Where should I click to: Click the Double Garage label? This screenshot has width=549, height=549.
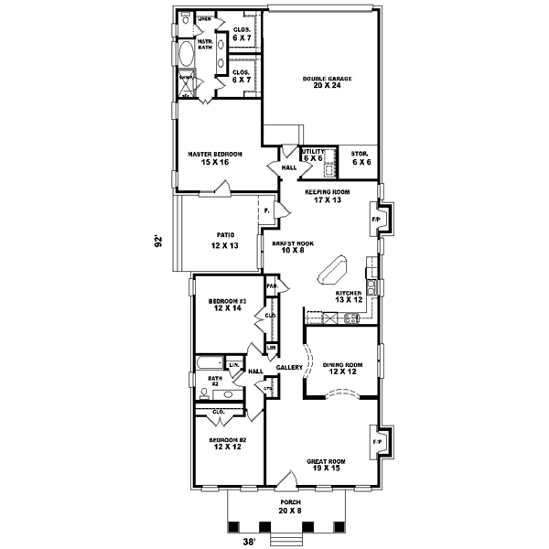pos(327,79)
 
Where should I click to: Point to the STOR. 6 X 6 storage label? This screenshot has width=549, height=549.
pos(361,156)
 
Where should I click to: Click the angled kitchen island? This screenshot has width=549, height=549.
pos(330,270)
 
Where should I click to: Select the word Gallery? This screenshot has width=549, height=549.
pos(289,367)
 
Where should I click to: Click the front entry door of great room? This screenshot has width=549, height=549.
pos(289,482)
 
